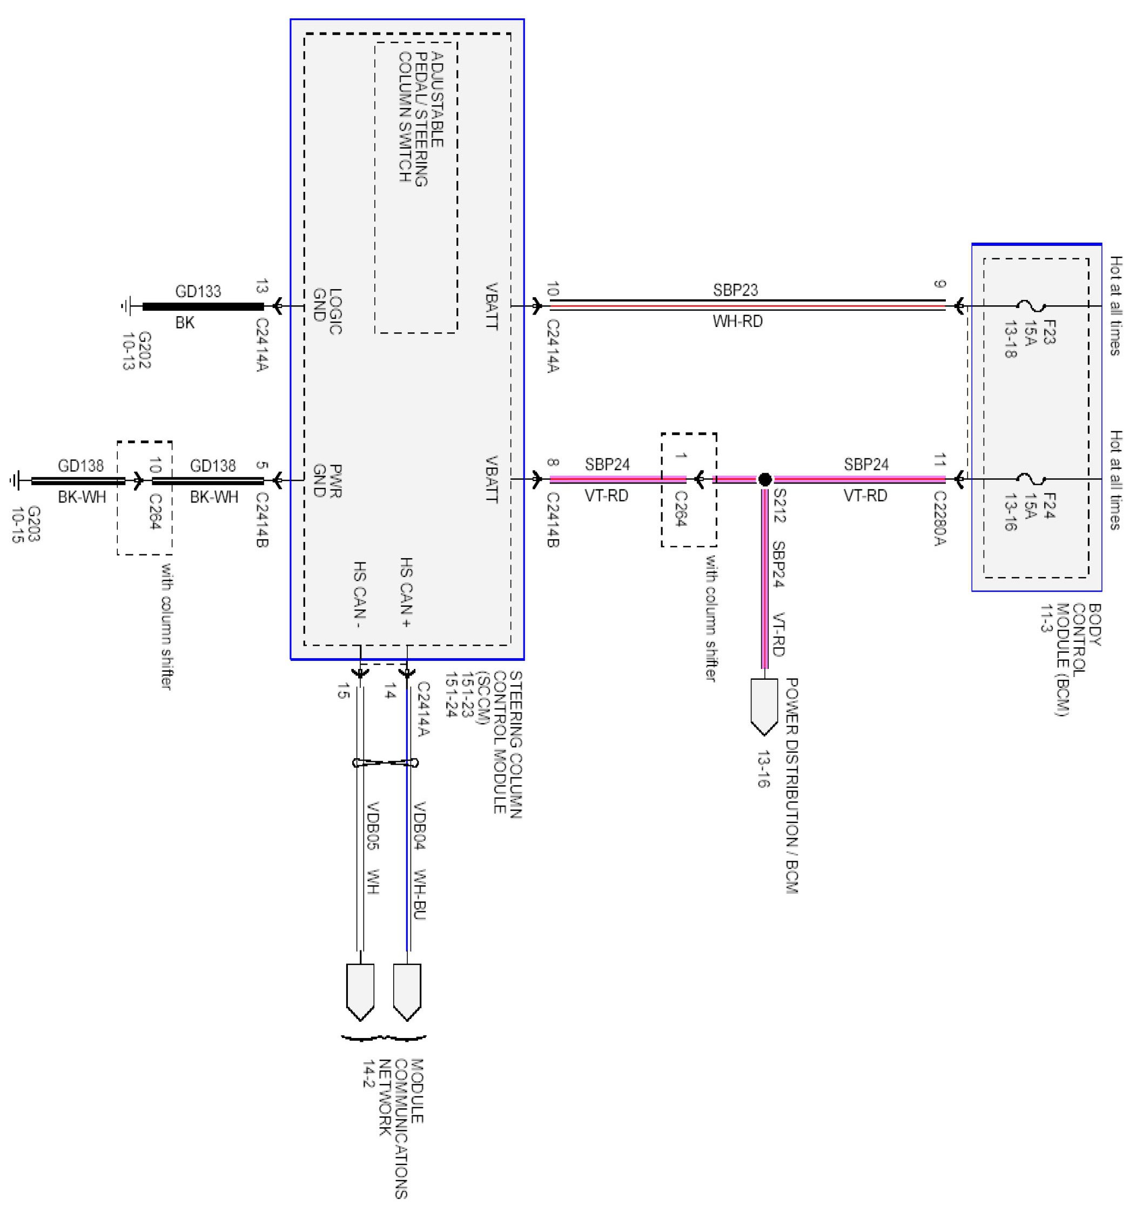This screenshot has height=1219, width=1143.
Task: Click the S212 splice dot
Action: coord(764,479)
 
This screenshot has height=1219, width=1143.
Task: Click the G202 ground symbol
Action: coord(127,306)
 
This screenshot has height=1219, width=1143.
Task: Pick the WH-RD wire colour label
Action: coord(737,322)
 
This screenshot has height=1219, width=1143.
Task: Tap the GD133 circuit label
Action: coord(197,291)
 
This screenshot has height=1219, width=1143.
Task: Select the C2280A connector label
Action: coord(940,518)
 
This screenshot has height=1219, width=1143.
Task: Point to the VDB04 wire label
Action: coord(420,825)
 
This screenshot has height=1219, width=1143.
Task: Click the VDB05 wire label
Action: coord(373,825)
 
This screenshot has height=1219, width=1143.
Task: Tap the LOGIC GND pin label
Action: coord(327,311)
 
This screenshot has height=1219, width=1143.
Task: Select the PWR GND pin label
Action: coord(327,481)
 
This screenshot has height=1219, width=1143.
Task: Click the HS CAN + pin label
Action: coord(406,592)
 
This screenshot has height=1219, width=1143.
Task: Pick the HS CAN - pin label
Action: coord(360,595)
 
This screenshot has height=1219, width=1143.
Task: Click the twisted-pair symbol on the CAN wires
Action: coord(386,763)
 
